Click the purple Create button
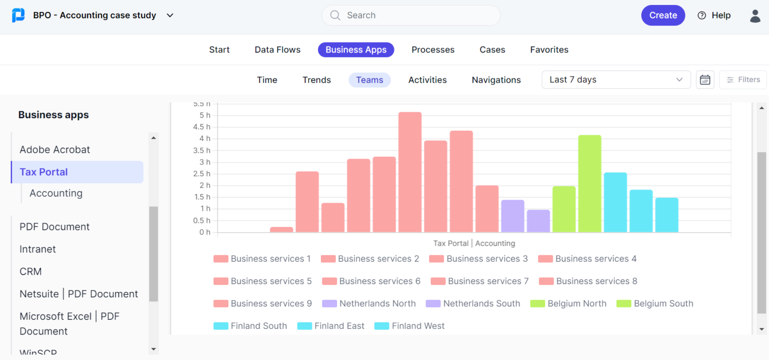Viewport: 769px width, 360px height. coord(663,16)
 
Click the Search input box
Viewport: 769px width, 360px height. coord(411,16)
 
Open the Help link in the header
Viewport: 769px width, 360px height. coord(714,16)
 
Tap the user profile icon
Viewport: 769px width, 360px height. coord(755,16)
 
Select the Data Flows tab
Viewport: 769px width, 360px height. coord(277,50)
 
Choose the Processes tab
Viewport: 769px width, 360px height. coord(433,50)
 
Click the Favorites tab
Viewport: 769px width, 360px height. coord(549,50)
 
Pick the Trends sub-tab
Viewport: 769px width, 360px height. coord(316,80)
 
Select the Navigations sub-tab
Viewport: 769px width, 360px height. coord(496,80)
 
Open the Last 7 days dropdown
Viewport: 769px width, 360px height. coord(616,80)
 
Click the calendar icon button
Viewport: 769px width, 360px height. coord(705,80)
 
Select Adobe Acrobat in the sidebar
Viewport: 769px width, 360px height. coord(55,150)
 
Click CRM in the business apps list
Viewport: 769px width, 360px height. coord(31,271)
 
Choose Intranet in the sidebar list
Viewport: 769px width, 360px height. coord(38,249)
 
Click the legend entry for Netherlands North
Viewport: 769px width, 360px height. coord(377,303)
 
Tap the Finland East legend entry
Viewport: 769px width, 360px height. coord(339,326)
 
